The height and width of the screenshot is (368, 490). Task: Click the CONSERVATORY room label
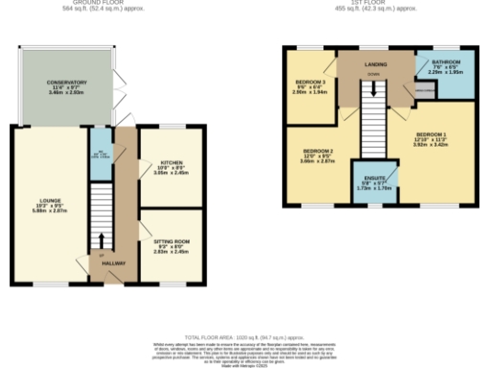[x=66, y=83]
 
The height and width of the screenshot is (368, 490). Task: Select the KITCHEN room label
[x=170, y=163]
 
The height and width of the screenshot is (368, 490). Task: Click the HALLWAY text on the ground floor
[x=115, y=264]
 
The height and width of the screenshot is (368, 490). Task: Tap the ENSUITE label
[x=371, y=178]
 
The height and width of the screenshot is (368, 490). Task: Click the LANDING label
[x=375, y=65]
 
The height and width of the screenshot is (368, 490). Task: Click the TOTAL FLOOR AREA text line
[x=244, y=338]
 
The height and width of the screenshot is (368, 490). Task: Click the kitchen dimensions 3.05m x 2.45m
[x=170, y=174]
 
